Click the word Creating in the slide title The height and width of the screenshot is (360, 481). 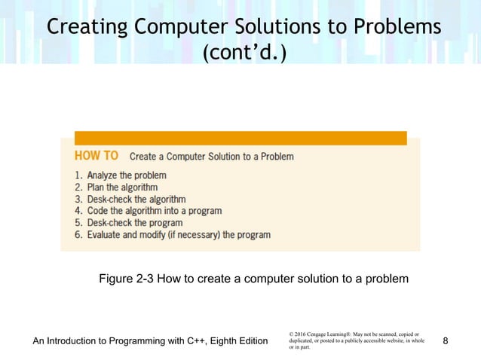87,27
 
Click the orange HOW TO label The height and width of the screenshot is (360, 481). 97,156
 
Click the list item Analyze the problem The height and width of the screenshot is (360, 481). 121,175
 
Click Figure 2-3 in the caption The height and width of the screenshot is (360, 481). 126,279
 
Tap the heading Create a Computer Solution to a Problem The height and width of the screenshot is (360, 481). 212,157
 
